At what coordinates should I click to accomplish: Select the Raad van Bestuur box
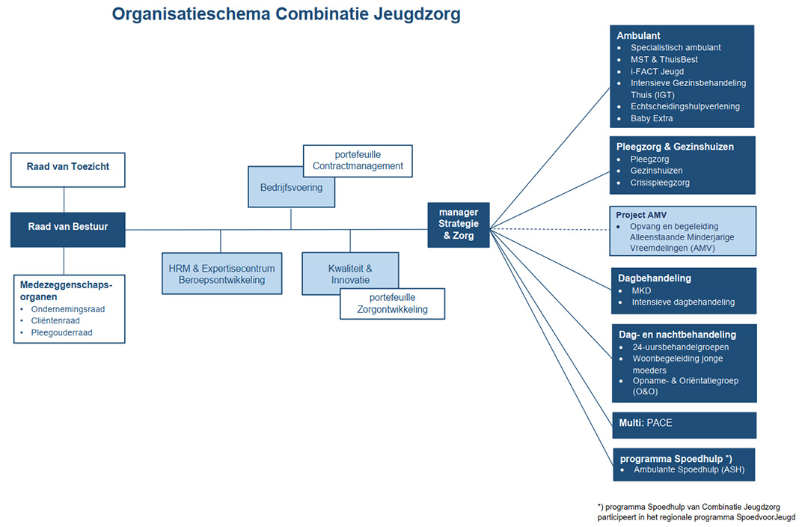[x=67, y=229]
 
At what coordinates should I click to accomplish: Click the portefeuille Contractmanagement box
[x=358, y=160]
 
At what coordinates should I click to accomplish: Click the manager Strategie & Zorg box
[x=458, y=224]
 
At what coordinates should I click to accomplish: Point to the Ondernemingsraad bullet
[x=67, y=308]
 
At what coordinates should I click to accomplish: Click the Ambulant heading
[x=638, y=35]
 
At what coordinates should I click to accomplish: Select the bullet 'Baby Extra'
[x=652, y=118]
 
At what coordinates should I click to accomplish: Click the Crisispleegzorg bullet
[x=660, y=183]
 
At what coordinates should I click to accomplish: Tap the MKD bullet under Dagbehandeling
[x=641, y=290]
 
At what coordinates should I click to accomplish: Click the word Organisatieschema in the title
[x=192, y=13]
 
